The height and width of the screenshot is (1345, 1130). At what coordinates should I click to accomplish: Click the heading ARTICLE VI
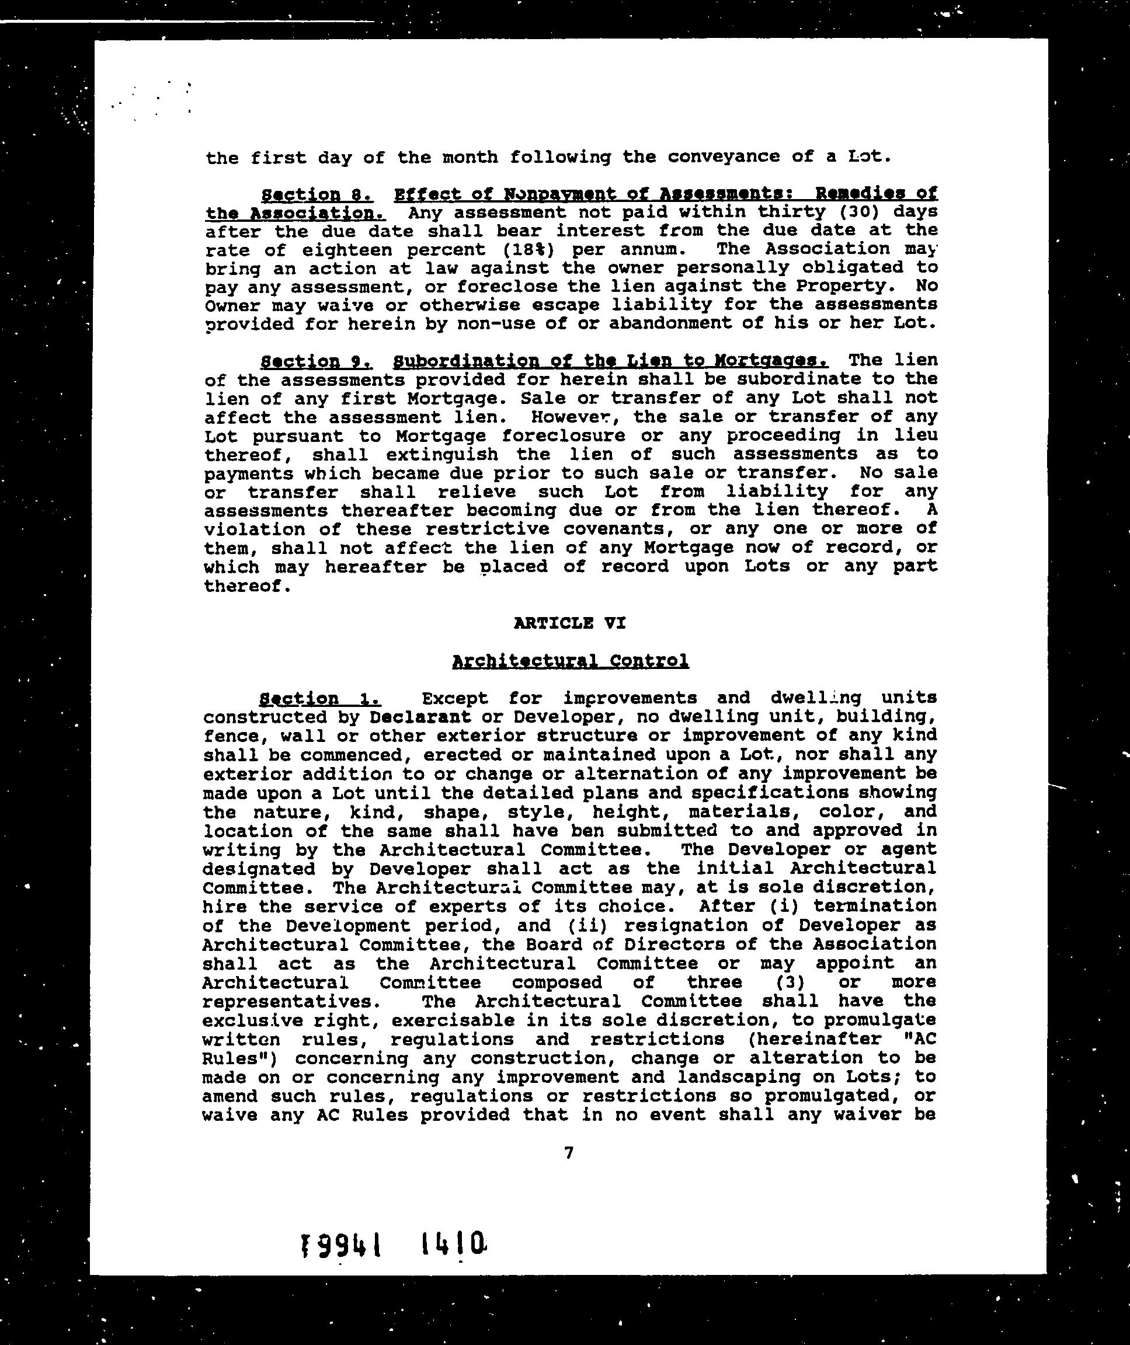(x=569, y=622)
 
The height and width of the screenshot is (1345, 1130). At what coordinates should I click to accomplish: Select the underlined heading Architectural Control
(x=570, y=660)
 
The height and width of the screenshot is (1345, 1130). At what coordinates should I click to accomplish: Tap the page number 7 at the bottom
(x=569, y=1153)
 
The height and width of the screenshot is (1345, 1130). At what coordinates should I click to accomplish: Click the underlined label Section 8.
(x=317, y=193)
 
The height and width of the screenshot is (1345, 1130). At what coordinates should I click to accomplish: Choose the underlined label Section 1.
(x=320, y=698)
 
